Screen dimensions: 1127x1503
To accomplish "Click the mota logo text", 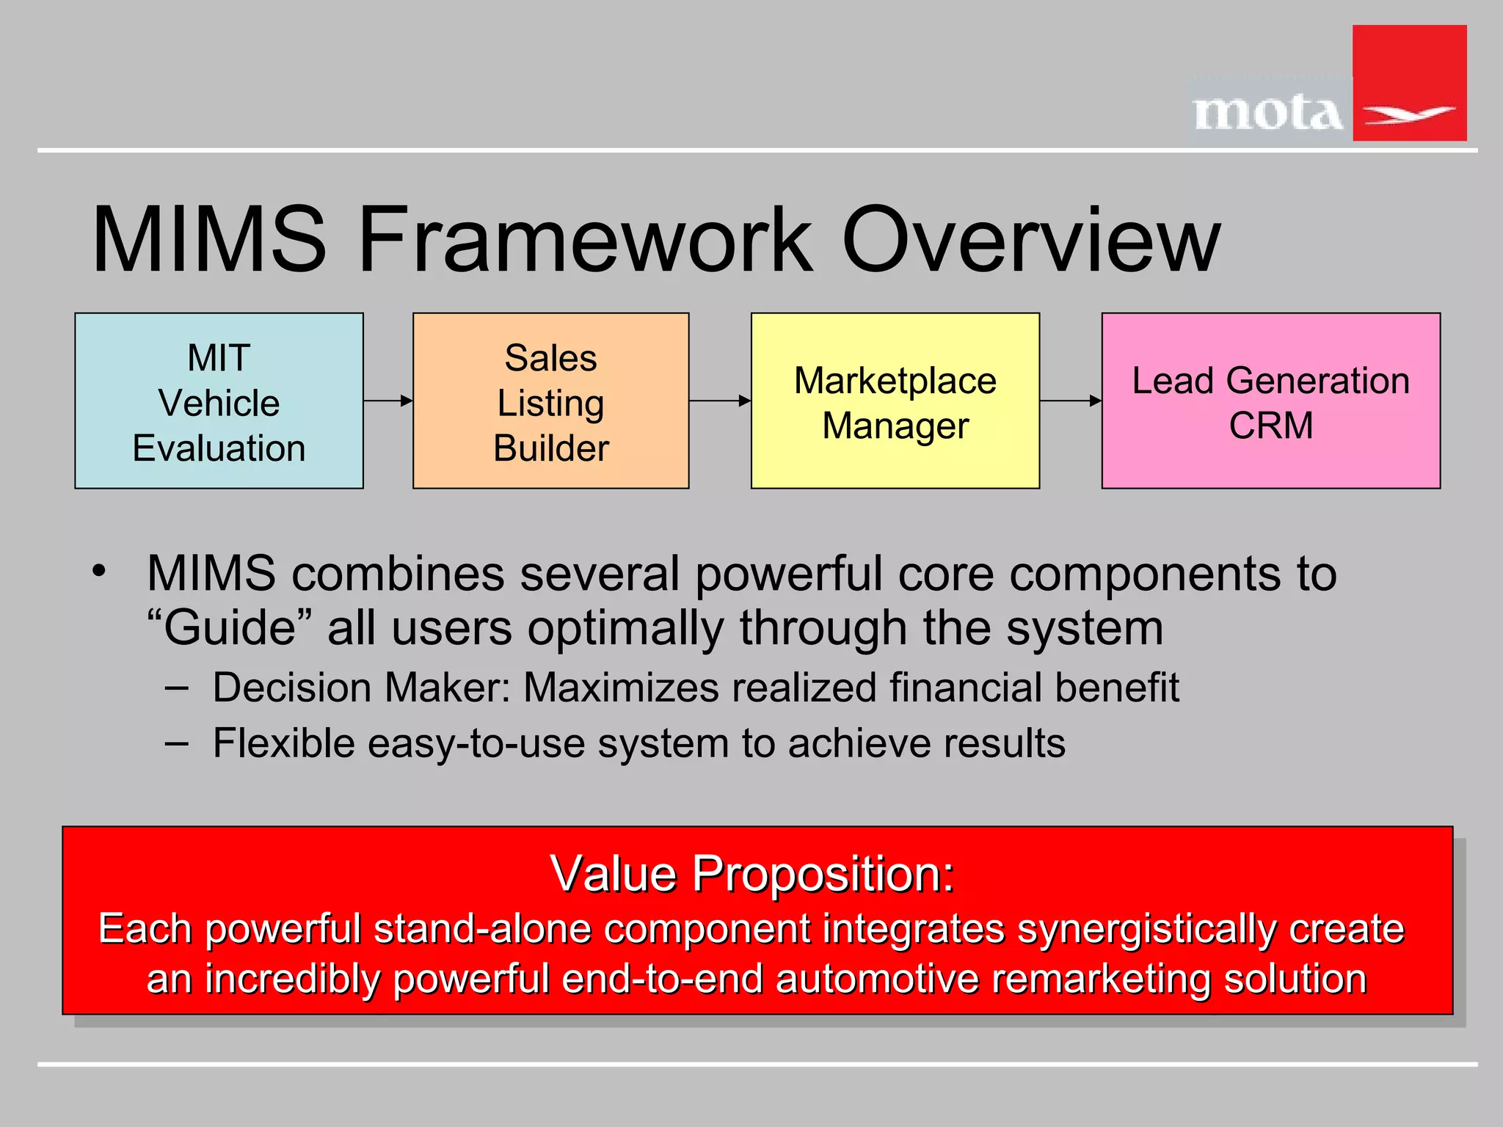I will tap(1268, 114).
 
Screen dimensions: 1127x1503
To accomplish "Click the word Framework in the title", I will tap(585, 240).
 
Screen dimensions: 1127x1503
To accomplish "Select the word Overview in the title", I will tap(1031, 240).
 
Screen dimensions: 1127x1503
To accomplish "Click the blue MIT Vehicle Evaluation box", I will tap(219, 401).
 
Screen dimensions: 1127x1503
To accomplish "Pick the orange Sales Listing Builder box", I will tap(550, 401).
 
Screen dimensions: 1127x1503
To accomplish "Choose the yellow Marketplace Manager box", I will tap(895, 401).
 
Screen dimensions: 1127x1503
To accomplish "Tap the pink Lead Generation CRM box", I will tap(1270, 401).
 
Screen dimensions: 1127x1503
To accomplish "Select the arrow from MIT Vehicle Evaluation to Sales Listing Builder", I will tap(388, 401).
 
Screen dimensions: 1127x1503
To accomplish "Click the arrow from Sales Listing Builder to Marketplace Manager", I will tap(720, 401).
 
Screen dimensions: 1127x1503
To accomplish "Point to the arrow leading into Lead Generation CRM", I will tap(1071, 401).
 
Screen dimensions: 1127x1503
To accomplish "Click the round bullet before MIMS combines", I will tap(99, 571).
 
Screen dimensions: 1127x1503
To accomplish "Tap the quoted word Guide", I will tap(230, 628).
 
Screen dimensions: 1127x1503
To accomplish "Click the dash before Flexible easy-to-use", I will tap(177, 743).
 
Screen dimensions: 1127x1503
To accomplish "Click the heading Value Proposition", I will tap(751, 873).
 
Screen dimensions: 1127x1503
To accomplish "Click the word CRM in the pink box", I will tap(1270, 426).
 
